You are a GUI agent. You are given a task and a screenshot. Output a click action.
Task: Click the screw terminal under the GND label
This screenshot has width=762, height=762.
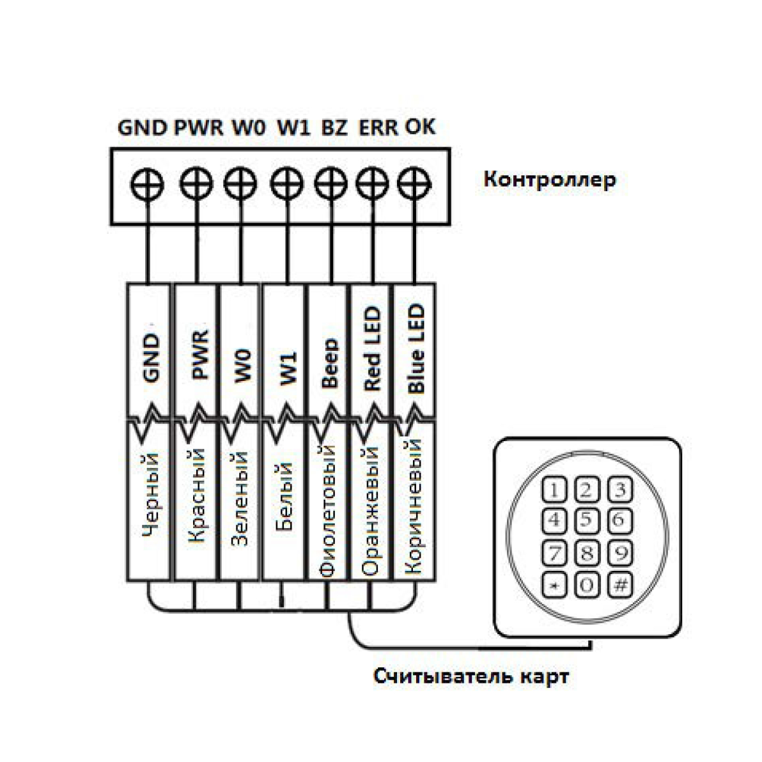[147, 183]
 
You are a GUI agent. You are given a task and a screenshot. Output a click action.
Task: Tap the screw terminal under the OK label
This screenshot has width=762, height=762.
[414, 183]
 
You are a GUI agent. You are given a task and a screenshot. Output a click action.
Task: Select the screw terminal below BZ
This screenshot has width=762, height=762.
[331, 183]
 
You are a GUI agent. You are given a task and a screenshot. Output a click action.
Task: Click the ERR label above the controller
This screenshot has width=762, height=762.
[378, 127]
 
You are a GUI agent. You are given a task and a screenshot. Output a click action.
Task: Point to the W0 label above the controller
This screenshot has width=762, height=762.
[248, 127]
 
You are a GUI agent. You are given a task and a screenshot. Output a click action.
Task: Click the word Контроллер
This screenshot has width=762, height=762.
[550, 180]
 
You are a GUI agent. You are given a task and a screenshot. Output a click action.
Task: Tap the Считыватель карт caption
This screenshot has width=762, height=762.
[471, 676]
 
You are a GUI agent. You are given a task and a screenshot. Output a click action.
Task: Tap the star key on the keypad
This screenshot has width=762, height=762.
[554, 585]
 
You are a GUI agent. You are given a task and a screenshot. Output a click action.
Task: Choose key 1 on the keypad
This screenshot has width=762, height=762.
[554, 490]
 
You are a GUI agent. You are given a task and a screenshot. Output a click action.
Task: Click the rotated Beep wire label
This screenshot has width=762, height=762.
[330, 362]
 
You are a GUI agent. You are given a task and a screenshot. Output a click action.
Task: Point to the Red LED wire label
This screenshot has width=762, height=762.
[372, 348]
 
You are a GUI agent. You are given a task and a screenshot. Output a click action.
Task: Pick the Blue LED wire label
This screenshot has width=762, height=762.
[416, 348]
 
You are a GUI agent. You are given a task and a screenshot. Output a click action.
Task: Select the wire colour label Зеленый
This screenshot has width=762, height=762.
[240, 499]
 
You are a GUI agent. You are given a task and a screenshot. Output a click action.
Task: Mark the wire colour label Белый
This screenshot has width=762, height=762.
[284, 496]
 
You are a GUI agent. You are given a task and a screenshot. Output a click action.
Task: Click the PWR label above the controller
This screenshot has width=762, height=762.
[199, 127]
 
